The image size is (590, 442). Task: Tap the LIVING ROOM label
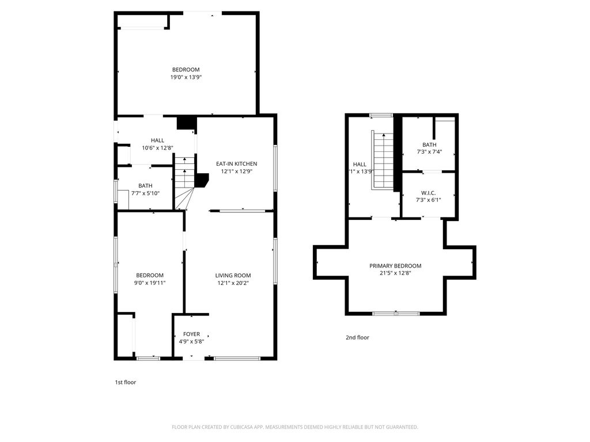[x=233, y=275]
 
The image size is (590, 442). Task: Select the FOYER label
[x=191, y=334]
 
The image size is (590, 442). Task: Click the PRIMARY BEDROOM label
[x=395, y=266]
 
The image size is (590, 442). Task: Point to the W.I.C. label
[x=428, y=192]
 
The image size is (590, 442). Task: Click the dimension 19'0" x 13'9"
[x=186, y=77]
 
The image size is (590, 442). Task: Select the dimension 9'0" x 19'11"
[x=150, y=283]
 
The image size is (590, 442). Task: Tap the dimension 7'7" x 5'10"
[x=145, y=193]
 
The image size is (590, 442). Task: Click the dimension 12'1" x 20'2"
[x=233, y=283]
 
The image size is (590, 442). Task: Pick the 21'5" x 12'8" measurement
[x=395, y=273]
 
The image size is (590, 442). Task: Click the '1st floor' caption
[x=126, y=382]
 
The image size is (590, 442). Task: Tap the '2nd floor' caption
[x=357, y=338]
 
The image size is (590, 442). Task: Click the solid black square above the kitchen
[x=186, y=123]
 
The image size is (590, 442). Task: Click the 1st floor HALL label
[x=157, y=140]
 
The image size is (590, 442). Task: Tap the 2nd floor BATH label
[x=429, y=145]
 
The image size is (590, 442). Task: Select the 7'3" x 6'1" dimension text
[x=428, y=200]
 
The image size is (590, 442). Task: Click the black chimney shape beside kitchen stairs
[x=202, y=181]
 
